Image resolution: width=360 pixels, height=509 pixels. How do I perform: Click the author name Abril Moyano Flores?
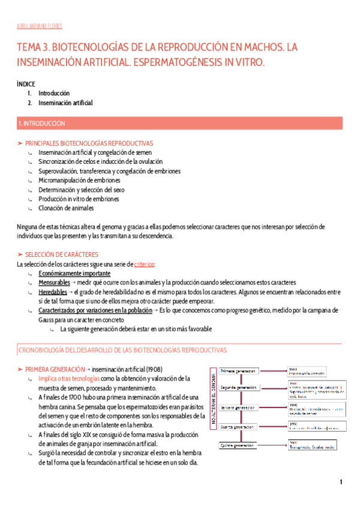point(39,26)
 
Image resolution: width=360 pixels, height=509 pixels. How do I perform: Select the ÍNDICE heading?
point(26,84)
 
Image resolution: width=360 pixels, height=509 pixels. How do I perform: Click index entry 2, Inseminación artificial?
point(65,103)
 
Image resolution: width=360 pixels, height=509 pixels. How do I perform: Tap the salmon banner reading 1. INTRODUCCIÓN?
point(180,123)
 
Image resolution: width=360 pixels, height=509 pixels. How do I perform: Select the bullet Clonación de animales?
point(65,208)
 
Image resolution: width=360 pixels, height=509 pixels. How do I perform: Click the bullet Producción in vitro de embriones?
point(79,199)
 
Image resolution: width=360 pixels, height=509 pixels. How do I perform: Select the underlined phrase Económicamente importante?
point(74,273)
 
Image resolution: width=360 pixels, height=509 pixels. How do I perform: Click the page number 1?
point(341,483)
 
